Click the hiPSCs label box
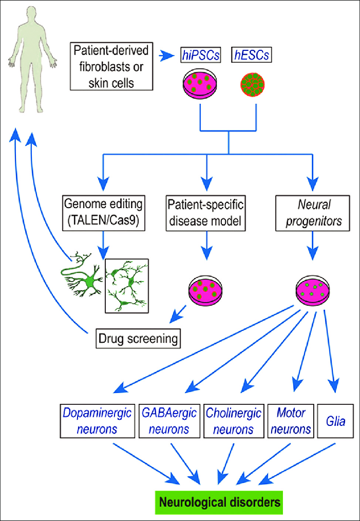[x=200, y=54]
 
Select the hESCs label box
[x=252, y=54]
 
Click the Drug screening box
[x=139, y=339]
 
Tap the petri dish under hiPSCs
[x=200, y=85]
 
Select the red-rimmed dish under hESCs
[x=252, y=85]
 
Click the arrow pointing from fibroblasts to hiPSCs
[x=167, y=54]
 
